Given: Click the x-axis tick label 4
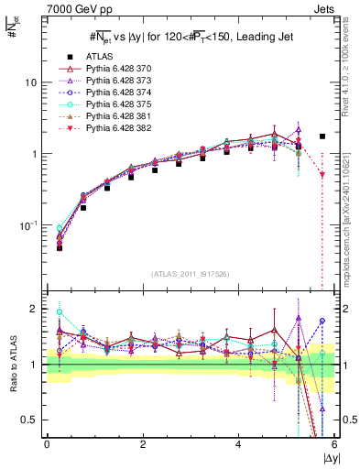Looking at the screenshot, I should coord(239,445).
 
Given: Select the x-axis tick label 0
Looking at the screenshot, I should coord(47,445).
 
